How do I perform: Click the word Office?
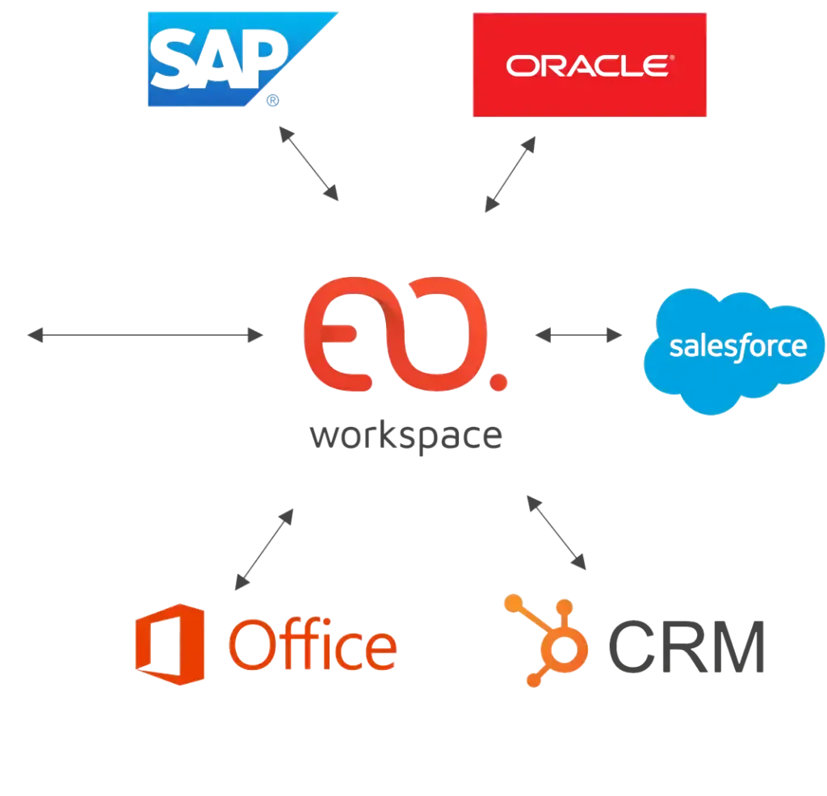312,643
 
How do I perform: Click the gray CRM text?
687,647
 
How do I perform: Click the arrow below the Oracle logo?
510,174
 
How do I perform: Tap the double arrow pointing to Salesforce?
578,335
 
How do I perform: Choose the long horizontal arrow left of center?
145,334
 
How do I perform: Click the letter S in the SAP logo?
175,59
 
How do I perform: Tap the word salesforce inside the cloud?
738,347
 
